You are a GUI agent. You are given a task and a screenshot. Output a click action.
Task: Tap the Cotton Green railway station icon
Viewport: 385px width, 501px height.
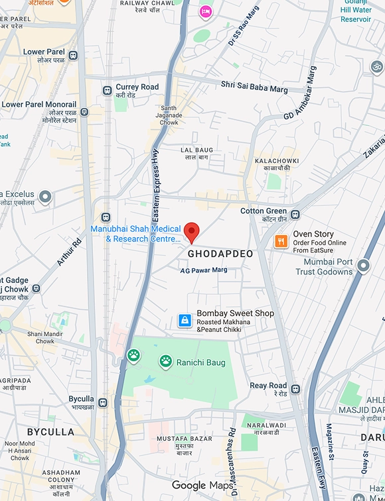[x=295, y=214]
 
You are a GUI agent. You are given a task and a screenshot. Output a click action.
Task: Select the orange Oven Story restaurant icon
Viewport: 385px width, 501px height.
[x=281, y=242]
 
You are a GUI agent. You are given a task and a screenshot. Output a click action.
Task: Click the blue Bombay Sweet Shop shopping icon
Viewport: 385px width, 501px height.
[x=185, y=321]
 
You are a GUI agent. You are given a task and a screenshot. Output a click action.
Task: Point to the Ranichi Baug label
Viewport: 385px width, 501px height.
[x=200, y=362]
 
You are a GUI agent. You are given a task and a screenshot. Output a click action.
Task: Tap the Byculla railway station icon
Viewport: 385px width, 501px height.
[x=103, y=402]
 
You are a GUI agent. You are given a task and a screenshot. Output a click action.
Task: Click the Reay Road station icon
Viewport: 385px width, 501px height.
[x=295, y=389]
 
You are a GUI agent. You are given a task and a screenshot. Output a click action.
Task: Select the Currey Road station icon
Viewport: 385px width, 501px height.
[x=106, y=90]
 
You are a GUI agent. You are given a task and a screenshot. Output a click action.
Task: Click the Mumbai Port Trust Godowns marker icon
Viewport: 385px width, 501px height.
[x=362, y=266]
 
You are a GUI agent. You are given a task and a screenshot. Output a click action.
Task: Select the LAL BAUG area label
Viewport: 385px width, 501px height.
[x=197, y=150]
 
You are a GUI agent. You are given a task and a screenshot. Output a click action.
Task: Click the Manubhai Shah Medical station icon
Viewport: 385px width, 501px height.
[x=106, y=217]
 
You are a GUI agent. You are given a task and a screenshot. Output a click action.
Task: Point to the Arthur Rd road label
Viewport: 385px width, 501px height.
[x=68, y=252]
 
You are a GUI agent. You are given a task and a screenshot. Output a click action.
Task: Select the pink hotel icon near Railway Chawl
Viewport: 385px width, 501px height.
[x=206, y=11]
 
